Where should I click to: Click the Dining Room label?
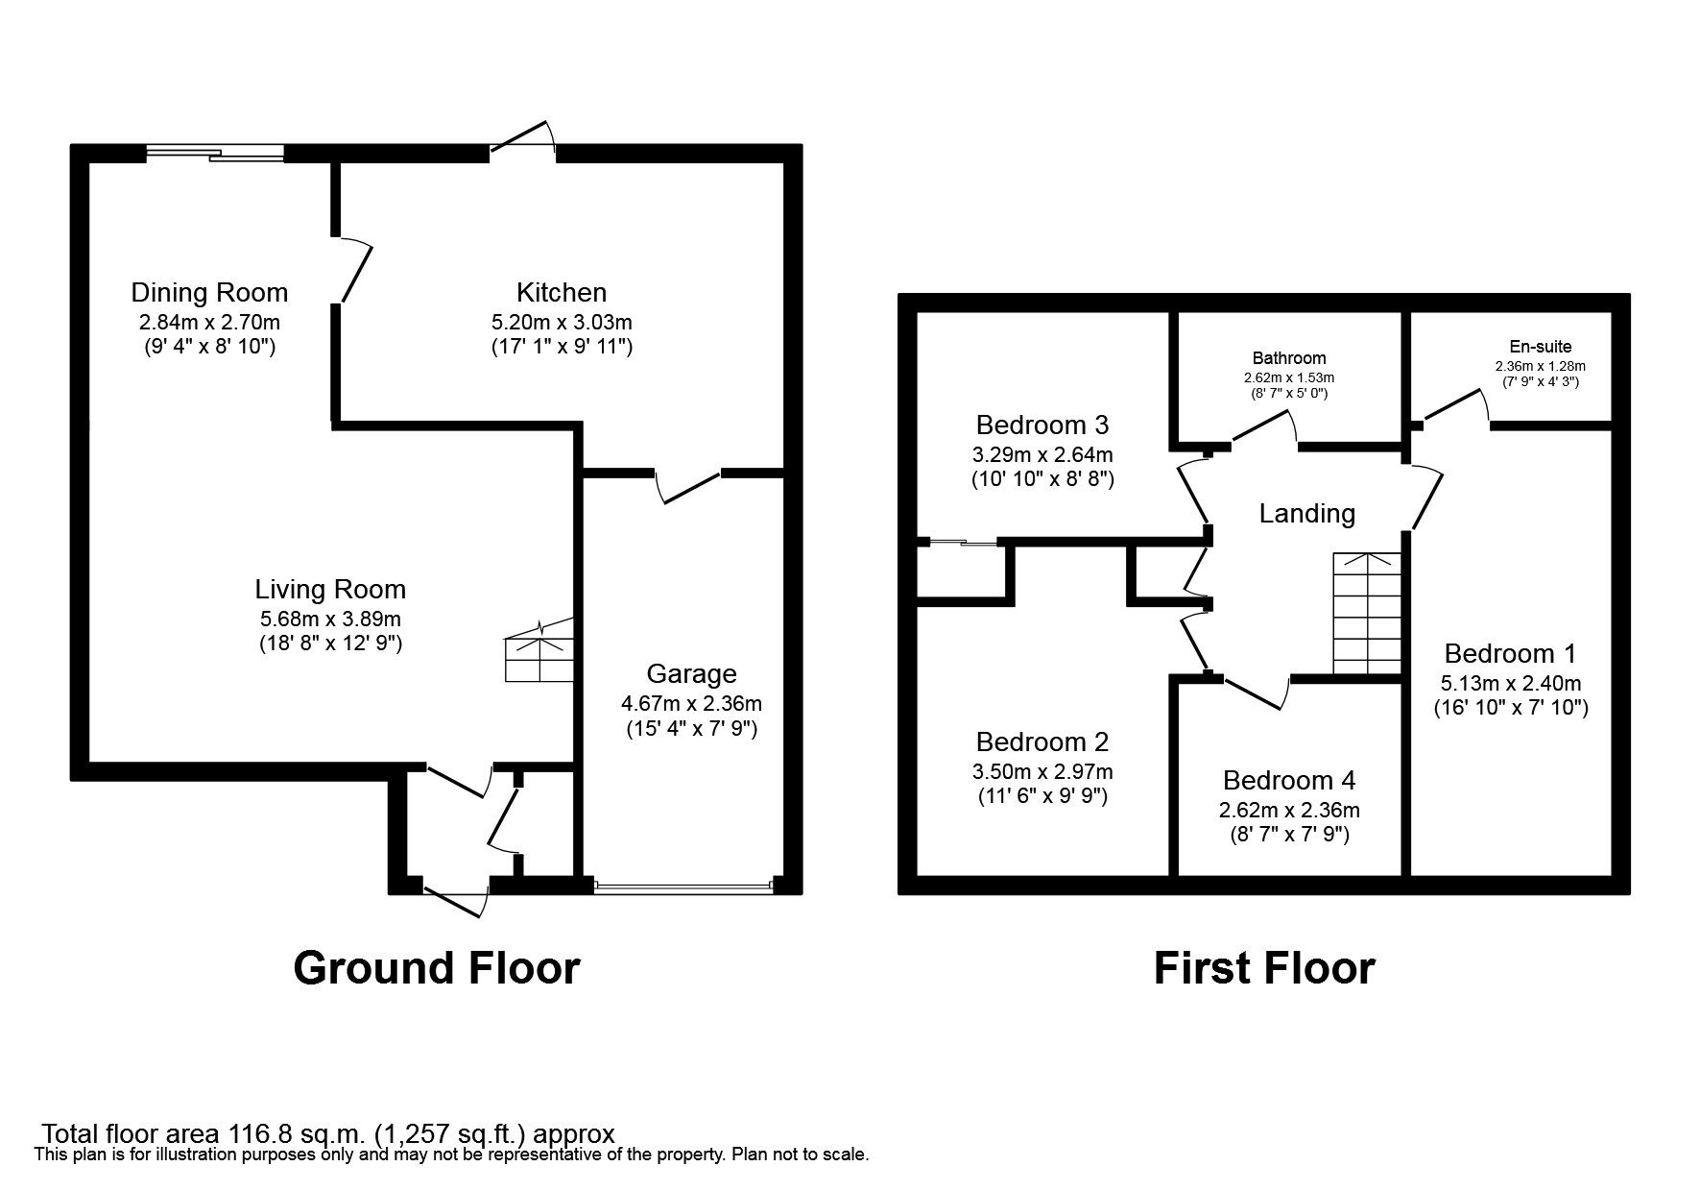(209, 292)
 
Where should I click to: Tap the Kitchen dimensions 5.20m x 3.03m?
(562, 323)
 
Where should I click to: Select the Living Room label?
(330, 589)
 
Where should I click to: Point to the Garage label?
(691, 673)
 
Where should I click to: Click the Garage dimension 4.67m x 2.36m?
(691, 704)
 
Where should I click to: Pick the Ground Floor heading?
(437, 968)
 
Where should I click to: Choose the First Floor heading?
(1264, 968)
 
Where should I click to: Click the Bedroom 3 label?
(1042, 425)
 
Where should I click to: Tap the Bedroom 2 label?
(1042, 741)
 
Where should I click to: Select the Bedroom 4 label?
(1289, 780)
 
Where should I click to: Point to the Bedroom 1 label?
(1510, 653)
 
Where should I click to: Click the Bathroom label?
(1289, 358)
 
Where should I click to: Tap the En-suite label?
(1540, 347)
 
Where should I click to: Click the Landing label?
(1306, 514)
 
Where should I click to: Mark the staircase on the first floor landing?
(1367, 614)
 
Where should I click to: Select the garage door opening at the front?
(682, 886)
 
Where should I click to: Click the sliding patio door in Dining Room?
(216, 152)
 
